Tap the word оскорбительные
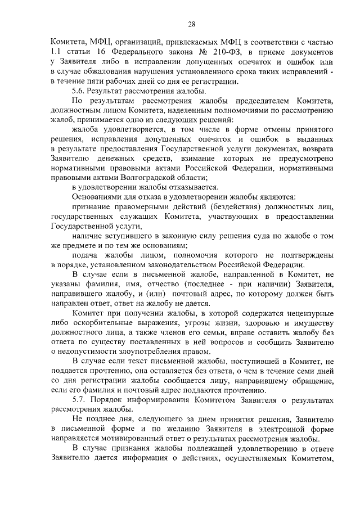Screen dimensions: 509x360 (101, 323)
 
